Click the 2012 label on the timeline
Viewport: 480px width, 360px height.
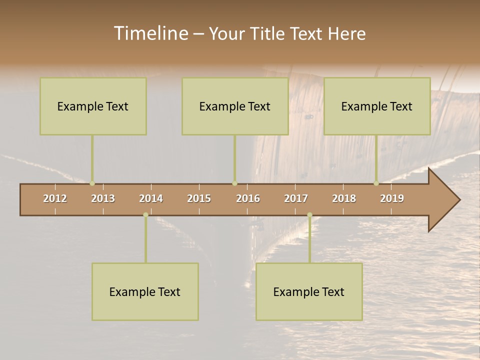(x=55, y=198)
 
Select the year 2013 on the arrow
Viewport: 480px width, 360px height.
(x=103, y=198)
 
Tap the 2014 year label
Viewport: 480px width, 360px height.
(x=151, y=198)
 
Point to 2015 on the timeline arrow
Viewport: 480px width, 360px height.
(x=199, y=198)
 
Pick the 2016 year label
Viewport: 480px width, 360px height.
(x=248, y=198)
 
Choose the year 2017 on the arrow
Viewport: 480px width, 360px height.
(x=296, y=198)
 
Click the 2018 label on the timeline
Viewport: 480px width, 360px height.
(x=344, y=198)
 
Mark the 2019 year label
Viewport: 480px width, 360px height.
(x=392, y=198)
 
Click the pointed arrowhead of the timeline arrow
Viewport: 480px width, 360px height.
(x=447, y=200)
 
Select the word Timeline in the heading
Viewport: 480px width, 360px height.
(x=150, y=33)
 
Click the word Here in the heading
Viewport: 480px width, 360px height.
(x=346, y=33)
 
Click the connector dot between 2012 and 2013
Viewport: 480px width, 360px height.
(x=92, y=183)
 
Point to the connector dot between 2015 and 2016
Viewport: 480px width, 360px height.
(x=234, y=183)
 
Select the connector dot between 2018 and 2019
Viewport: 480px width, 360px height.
(x=376, y=183)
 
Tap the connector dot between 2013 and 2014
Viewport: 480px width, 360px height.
(x=145, y=215)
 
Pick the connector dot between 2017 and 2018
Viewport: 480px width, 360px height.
(x=309, y=215)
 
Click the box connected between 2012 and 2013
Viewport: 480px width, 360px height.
(x=93, y=106)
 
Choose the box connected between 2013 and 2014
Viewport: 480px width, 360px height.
(x=145, y=291)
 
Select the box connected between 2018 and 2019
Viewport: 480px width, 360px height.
(x=377, y=106)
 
